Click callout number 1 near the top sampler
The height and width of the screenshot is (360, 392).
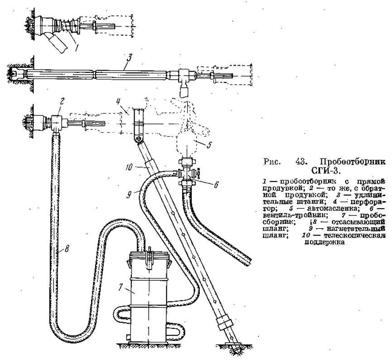[x=77, y=47]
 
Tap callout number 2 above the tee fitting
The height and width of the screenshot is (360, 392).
[x=62, y=101]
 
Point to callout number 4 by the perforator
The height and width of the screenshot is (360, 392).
[x=118, y=102]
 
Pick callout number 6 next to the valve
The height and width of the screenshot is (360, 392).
[x=216, y=185]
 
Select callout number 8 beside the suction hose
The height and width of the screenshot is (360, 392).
[x=67, y=249]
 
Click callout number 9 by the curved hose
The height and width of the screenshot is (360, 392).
[x=129, y=194]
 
